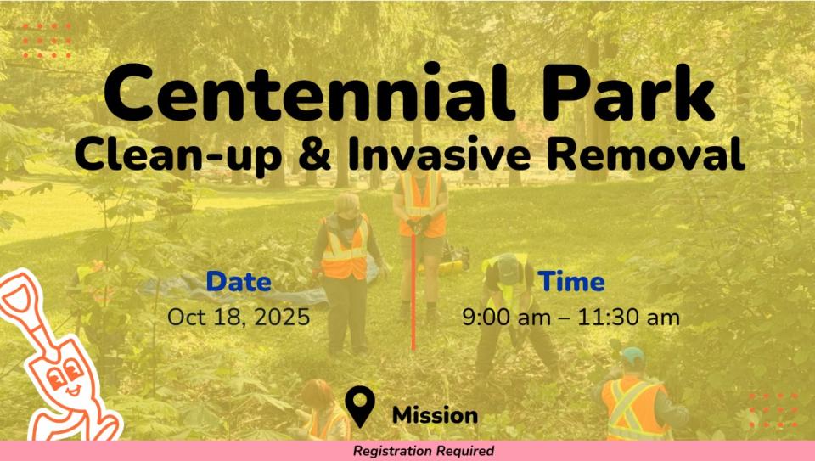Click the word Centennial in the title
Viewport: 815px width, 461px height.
point(310,93)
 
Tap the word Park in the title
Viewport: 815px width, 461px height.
point(629,93)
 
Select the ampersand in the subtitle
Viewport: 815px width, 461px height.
point(315,154)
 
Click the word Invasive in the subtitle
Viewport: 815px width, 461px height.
point(440,154)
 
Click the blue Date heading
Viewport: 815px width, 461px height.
point(239,281)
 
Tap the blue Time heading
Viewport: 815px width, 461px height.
point(571,281)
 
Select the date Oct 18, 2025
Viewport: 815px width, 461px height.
point(239,317)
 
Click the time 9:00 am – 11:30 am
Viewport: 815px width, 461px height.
point(570,317)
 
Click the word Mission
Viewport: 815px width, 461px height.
point(435,415)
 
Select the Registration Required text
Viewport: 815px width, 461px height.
point(424,451)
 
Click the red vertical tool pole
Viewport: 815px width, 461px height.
point(413,292)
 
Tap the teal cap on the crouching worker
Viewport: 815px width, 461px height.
point(632,356)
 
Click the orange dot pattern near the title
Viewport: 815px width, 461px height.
point(47,41)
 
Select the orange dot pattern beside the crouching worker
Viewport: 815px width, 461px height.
point(773,411)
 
